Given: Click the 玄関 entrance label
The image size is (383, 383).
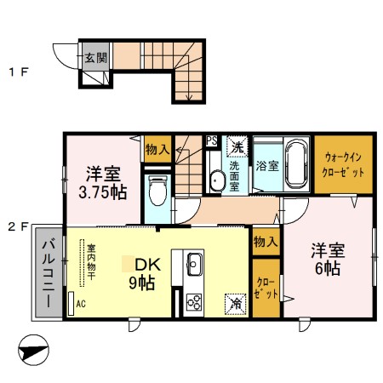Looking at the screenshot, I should [x=95, y=59].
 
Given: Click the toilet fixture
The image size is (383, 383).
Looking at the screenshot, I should [x=156, y=191].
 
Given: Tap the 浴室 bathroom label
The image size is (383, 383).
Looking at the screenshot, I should [x=268, y=164].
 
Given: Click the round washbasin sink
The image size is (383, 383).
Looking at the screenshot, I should [x=217, y=180].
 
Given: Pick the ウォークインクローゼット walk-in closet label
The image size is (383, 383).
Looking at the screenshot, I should [x=346, y=165].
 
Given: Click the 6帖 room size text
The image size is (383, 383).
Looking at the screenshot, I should [x=326, y=268].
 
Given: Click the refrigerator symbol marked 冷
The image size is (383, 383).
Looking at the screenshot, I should [x=233, y=301].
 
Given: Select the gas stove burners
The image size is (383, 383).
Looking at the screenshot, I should [x=192, y=301].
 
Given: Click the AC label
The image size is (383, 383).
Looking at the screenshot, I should [x=81, y=303].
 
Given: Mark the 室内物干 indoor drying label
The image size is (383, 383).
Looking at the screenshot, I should [x=91, y=263].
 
